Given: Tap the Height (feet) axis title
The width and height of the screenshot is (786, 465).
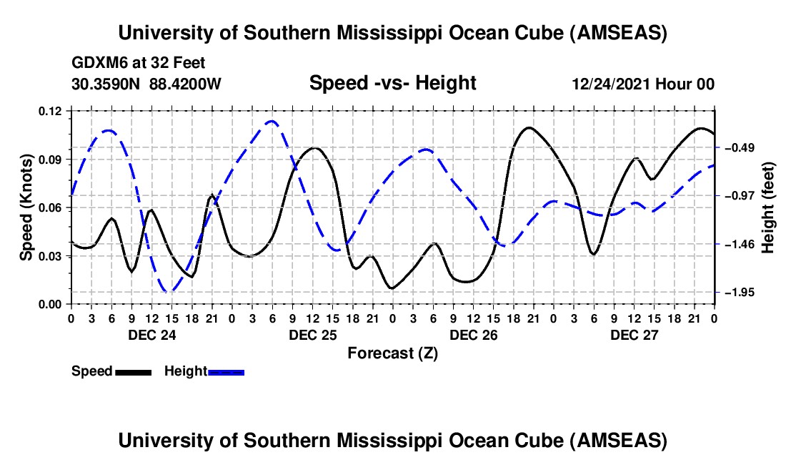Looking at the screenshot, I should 768,207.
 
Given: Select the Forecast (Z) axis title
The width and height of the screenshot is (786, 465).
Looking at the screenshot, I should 392,353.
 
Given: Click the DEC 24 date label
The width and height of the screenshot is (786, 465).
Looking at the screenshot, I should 151,335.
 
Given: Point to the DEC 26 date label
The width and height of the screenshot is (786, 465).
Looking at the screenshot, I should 473,335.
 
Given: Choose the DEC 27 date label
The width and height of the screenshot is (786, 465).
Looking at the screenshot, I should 634,335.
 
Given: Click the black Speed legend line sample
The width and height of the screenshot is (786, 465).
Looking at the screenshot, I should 133,372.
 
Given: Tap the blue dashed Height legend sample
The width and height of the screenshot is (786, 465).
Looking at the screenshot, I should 227,372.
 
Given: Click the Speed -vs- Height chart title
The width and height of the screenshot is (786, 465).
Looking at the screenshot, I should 392,84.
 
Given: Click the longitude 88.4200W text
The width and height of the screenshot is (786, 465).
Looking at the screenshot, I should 186,84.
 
